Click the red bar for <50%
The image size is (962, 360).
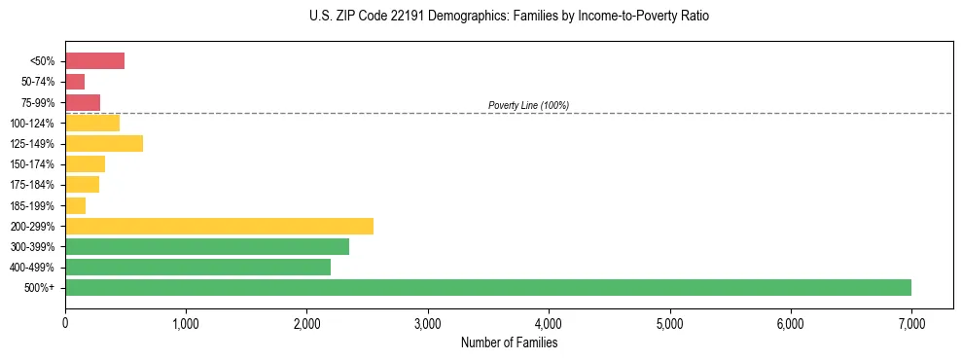[94, 60]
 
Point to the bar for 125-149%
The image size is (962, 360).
[104, 143]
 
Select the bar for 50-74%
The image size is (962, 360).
[75, 82]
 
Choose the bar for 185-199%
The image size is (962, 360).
[76, 205]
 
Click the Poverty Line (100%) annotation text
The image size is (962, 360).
[528, 105]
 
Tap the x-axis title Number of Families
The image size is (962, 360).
[509, 342]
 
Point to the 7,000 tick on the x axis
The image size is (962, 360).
[911, 323]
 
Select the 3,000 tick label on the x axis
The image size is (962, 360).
[427, 323]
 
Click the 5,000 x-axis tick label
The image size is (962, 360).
[669, 323]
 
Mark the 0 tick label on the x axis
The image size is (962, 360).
[65, 323]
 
